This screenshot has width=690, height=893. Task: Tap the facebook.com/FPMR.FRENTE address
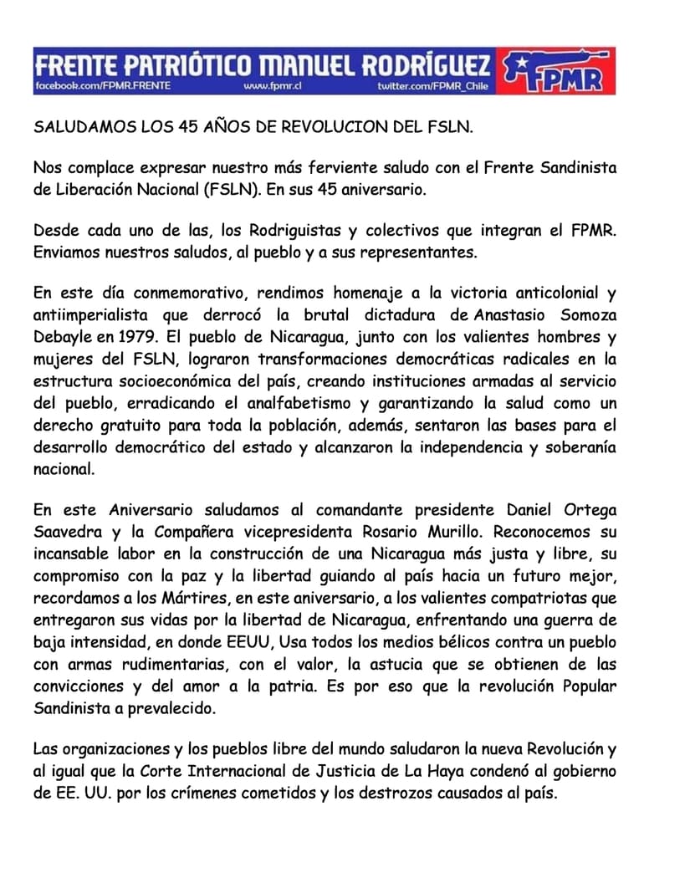coord(103,86)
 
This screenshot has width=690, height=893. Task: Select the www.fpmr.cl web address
coord(271,86)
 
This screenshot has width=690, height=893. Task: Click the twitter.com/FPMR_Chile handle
coord(432,86)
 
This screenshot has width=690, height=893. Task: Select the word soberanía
coord(582,447)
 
